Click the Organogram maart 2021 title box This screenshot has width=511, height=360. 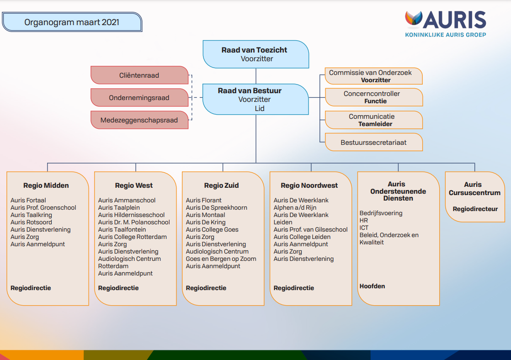[x=72, y=22]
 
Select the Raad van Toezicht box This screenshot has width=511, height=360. [x=256, y=54]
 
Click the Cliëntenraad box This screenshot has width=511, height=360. [x=139, y=75]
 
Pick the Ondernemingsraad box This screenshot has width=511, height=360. [x=139, y=98]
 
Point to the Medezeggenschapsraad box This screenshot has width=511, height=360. [x=139, y=120]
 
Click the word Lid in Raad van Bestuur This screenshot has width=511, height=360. [x=260, y=108]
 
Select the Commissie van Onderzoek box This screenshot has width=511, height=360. [x=374, y=76]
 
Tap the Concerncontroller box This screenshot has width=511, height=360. [x=374, y=97]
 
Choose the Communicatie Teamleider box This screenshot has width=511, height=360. [x=374, y=120]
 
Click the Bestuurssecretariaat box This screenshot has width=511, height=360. [x=374, y=142]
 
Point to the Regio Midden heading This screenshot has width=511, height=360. [x=46, y=185]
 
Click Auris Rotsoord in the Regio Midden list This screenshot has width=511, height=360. [x=31, y=222]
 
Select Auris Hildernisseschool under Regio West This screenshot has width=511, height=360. [x=131, y=215]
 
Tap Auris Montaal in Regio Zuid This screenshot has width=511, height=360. [x=205, y=215]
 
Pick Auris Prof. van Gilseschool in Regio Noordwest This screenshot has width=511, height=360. [x=310, y=230]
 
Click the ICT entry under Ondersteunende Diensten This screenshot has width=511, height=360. [x=364, y=228]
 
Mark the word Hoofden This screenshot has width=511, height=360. [x=372, y=286]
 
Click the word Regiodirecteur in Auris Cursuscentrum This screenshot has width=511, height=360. [x=475, y=209]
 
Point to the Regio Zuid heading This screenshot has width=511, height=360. [x=222, y=185]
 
